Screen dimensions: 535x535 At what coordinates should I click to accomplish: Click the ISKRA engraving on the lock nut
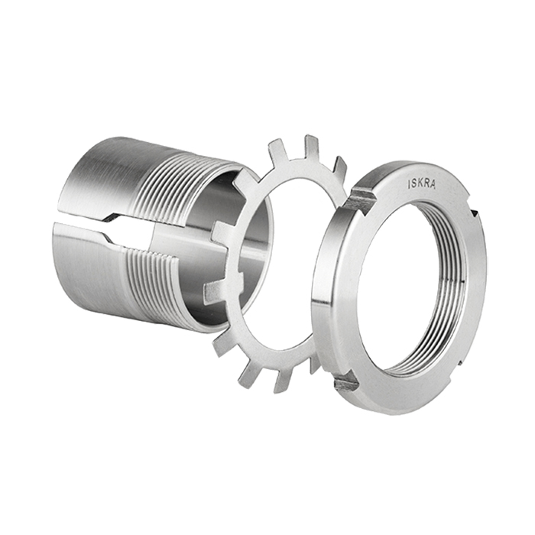tap(422, 184)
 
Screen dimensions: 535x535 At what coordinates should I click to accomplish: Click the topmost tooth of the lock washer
tap(312, 147)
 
